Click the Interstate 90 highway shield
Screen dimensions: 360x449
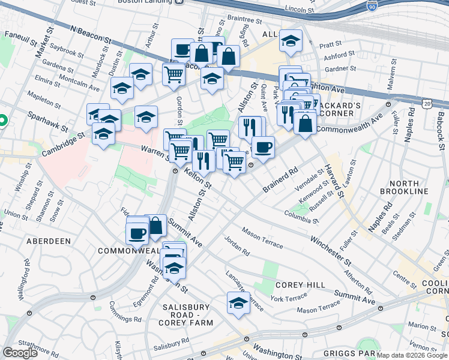point(372,5)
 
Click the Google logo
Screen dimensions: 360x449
point(20,353)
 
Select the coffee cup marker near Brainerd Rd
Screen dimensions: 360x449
point(263,147)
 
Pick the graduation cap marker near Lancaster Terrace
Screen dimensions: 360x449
point(238,303)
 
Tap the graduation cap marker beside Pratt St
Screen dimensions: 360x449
point(291,41)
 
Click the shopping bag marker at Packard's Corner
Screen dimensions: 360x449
point(306,124)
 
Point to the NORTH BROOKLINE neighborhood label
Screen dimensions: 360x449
point(404,187)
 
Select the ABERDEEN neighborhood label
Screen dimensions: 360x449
point(49,241)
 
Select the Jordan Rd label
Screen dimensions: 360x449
point(237,244)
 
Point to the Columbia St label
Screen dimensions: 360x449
point(301,216)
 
